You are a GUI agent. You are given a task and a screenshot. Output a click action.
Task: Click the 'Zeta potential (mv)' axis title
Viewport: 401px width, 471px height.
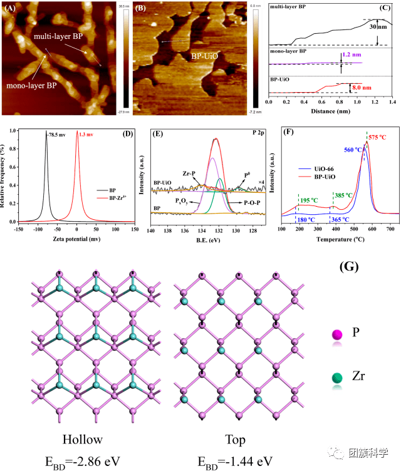(x=68, y=240)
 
